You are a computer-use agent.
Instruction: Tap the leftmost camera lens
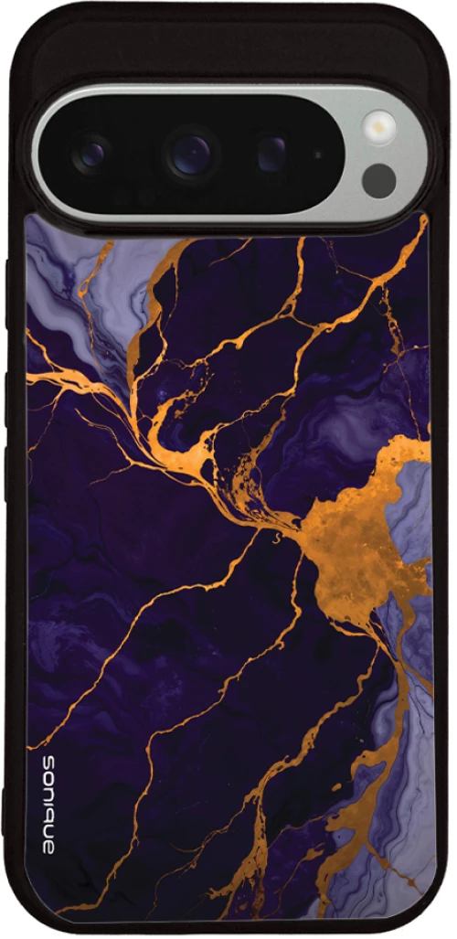coord(91,154)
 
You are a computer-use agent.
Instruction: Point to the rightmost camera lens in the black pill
coord(271,153)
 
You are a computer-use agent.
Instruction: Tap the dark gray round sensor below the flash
coord(378,180)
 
